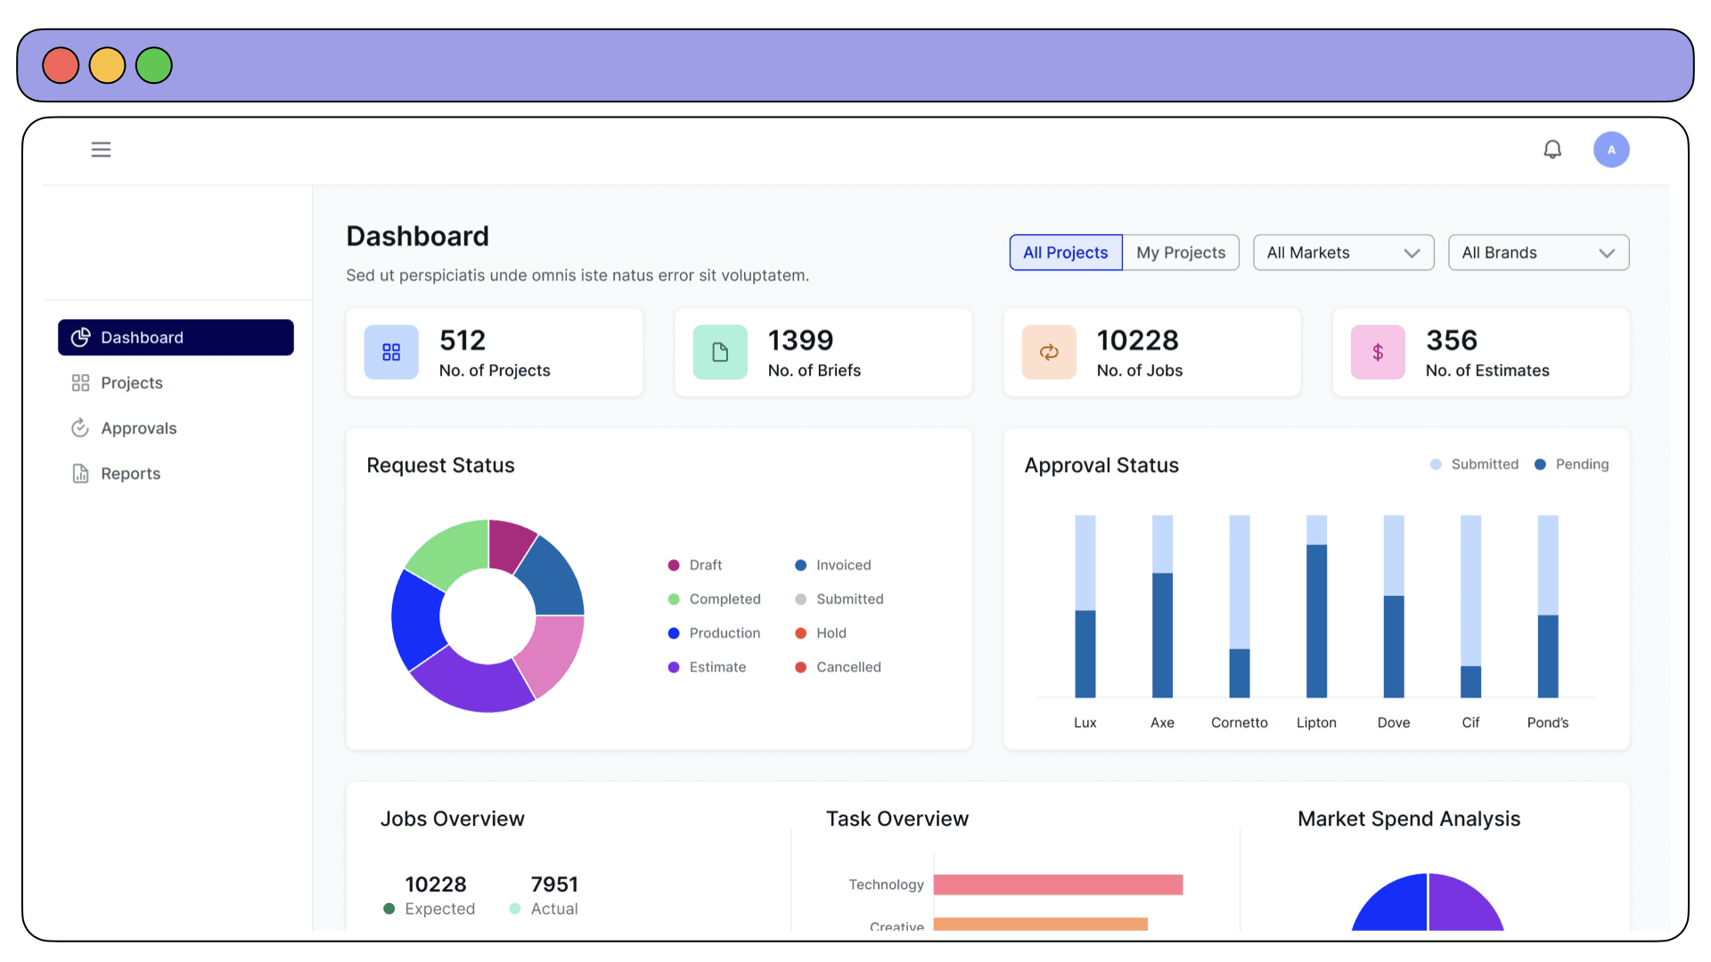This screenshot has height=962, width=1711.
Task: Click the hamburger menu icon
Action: [101, 150]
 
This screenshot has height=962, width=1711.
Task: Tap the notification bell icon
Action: [1552, 150]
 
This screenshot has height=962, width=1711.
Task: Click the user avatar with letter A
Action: [1611, 150]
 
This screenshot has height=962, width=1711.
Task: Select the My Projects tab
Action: [1181, 253]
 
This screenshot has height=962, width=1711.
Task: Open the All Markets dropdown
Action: [1343, 253]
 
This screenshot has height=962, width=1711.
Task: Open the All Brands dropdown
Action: [1538, 253]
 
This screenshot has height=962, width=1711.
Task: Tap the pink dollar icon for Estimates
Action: [1378, 353]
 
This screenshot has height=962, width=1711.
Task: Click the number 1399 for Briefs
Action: [800, 340]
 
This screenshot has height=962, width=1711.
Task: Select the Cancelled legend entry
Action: [838, 667]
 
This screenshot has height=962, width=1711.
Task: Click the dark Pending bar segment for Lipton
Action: [1316, 621]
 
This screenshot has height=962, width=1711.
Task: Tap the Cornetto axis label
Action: [1239, 722]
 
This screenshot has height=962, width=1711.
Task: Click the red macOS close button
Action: [61, 66]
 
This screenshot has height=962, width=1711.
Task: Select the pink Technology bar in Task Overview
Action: [1058, 885]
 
